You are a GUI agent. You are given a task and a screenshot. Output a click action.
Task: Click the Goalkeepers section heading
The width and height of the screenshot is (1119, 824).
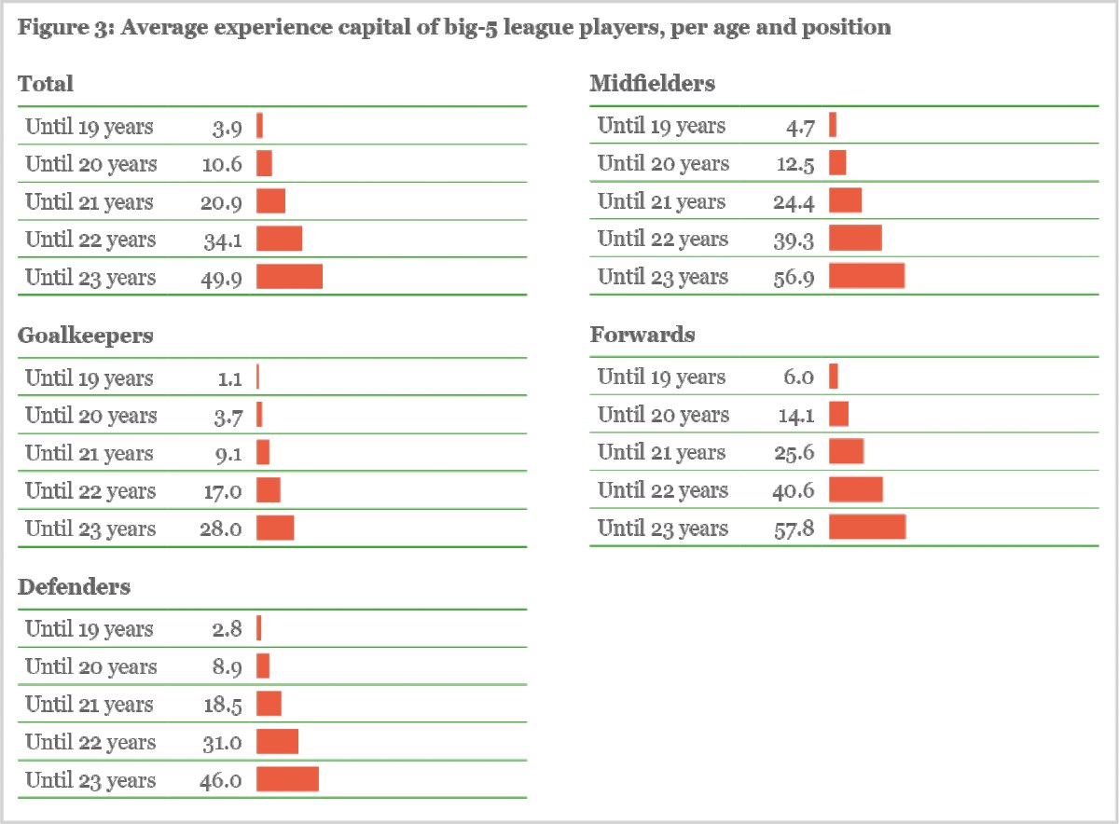[x=86, y=336]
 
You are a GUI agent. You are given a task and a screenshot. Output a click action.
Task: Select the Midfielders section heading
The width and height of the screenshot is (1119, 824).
[x=653, y=84]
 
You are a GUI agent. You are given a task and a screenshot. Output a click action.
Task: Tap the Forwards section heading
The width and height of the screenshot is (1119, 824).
[x=642, y=335]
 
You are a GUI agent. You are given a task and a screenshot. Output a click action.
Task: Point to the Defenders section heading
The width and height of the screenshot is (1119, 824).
[x=75, y=587]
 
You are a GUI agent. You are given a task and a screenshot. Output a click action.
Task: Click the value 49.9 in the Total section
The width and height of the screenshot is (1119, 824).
[x=223, y=278]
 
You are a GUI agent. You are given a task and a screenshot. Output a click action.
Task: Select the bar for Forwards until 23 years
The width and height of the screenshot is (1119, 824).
[x=867, y=527]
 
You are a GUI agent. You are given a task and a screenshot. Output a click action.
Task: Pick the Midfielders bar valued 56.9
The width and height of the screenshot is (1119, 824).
[x=866, y=276]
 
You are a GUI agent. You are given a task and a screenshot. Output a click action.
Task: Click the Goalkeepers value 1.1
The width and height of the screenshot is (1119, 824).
[x=229, y=378]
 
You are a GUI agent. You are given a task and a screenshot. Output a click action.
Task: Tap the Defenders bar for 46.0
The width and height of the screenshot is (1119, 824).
[x=287, y=779]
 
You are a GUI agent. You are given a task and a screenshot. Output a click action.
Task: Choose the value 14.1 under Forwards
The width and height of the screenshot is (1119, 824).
[x=794, y=415]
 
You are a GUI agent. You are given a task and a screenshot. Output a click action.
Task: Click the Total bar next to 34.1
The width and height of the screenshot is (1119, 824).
[x=279, y=239]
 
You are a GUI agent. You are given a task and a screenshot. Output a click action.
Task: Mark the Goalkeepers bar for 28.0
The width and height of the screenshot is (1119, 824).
[x=275, y=528]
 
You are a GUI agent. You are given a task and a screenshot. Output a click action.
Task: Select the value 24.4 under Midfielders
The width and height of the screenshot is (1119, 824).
[x=794, y=201]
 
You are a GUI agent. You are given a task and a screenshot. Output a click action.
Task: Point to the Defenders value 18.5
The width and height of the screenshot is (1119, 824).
[x=223, y=705]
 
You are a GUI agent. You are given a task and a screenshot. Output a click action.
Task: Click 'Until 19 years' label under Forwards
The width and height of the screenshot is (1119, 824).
[x=661, y=378]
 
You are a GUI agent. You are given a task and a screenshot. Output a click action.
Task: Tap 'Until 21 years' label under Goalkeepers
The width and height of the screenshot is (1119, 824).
[x=90, y=453]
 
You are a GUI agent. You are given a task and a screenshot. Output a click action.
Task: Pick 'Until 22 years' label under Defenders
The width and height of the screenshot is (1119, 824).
[x=90, y=742]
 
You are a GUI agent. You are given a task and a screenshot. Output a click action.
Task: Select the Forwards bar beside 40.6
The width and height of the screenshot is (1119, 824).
[x=855, y=489]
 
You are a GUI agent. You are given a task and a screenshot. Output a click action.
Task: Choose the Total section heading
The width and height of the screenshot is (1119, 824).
[x=46, y=84]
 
